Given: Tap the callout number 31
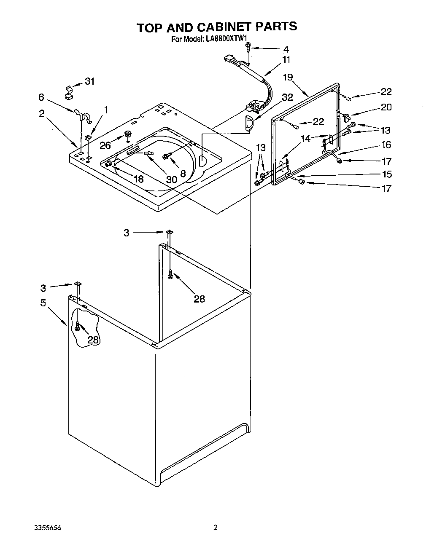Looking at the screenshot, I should point(90,81).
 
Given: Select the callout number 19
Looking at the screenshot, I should point(288,77).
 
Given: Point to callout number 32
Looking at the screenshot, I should point(287,97).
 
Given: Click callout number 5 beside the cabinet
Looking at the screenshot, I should point(43,303).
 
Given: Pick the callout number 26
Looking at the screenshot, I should point(105,145).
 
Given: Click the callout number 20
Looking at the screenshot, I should point(386,107).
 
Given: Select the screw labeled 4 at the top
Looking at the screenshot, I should point(249,48).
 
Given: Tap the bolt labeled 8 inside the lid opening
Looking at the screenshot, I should point(165,156).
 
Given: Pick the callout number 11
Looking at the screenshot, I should point(286,59).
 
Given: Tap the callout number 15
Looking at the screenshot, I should point(386,174).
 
